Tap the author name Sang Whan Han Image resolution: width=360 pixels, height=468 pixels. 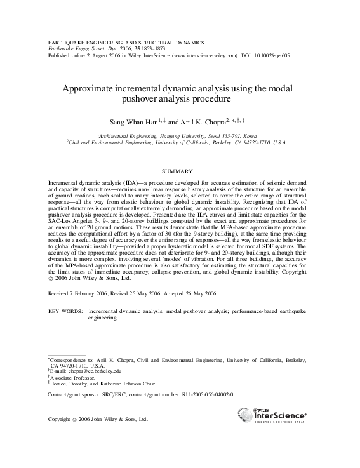coord(129,119)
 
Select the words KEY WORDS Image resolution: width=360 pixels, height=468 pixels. coord(65,312)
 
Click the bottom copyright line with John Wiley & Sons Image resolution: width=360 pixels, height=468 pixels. coord(98,420)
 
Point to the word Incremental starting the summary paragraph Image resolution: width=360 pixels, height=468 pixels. coord(65,182)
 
